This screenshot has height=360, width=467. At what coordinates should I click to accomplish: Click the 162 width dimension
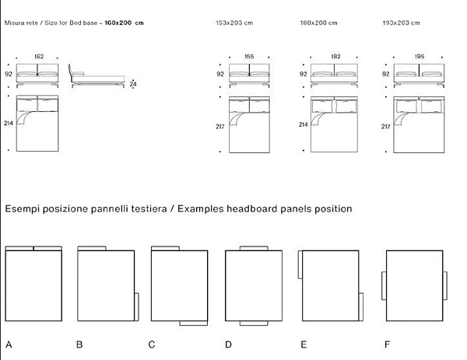[38, 57]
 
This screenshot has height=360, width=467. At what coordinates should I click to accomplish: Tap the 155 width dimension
[248, 57]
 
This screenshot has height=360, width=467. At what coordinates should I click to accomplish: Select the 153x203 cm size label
[234, 23]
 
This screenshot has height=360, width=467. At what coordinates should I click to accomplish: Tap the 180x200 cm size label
[318, 23]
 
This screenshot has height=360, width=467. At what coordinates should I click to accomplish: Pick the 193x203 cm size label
[402, 23]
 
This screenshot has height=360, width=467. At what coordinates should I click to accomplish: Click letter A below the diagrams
[9, 344]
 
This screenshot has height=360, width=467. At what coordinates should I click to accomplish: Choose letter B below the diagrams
[79, 344]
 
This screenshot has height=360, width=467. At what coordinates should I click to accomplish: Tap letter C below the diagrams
[153, 344]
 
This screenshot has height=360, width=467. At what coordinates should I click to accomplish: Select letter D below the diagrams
[228, 344]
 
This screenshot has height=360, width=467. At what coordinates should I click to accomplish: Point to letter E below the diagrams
[303, 344]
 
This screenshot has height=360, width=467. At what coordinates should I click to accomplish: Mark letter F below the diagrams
[388, 344]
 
